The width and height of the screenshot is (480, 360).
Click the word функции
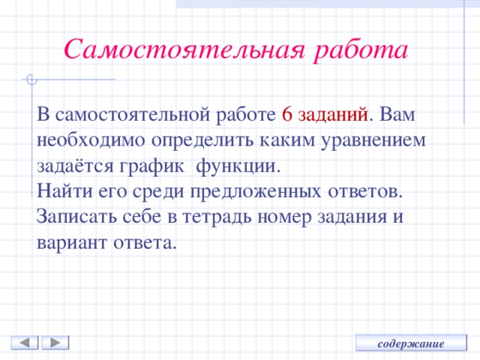(239, 165)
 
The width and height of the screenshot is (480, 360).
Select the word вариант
(72, 242)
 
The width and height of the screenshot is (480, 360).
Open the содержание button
(411, 343)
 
